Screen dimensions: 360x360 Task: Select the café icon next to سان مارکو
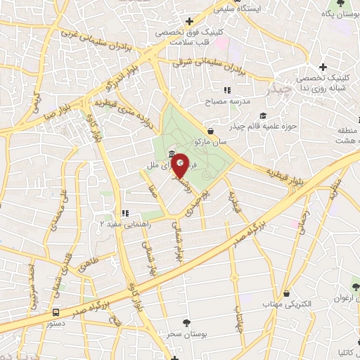coord(211,130)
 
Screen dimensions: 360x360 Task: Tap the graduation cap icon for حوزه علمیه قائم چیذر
coord(263,117)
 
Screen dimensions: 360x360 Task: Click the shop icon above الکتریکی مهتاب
coord(287,293)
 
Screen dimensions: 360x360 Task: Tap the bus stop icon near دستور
coord(56,311)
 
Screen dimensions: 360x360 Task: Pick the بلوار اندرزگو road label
coord(119,79)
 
